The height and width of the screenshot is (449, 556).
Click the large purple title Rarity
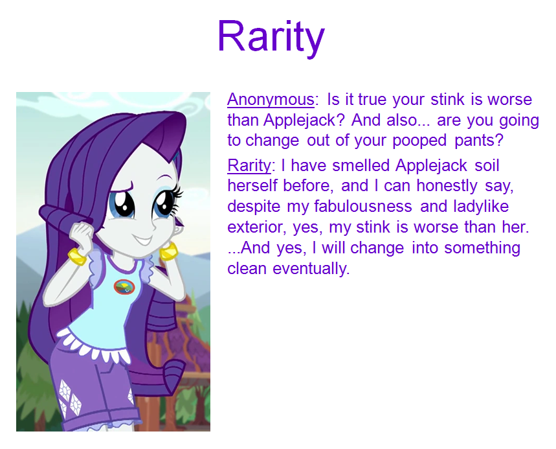pos(271,36)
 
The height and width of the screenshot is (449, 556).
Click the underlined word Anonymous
pos(271,99)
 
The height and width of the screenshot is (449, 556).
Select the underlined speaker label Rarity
pos(249,166)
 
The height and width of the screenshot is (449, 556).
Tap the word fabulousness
pos(363,206)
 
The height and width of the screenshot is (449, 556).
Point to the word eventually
pos(311,269)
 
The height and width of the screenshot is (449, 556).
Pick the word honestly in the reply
pos(447,186)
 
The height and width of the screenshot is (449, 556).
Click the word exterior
pos(256,227)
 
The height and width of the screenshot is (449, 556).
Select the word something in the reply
pos(482,248)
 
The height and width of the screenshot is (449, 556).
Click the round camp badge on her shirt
pos(124,287)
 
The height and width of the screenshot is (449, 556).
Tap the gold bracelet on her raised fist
pos(77,257)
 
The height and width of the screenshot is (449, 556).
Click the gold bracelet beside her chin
pos(168,251)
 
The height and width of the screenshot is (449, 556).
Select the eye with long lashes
pos(166,203)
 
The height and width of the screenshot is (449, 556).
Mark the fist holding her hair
pos(81,235)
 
